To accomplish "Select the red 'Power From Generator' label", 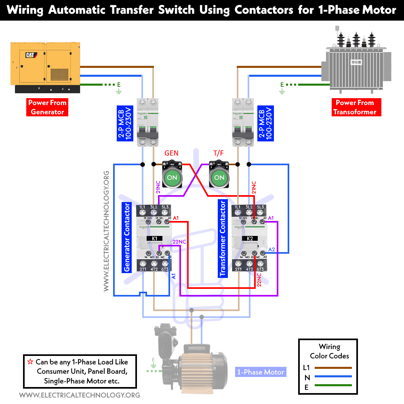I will (47, 107).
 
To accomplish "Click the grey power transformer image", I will (356, 61).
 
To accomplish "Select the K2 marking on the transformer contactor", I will (249, 238).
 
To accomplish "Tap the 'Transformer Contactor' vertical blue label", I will (222, 238).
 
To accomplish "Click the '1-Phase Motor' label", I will (261, 372).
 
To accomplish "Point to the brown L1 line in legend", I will (333, 368).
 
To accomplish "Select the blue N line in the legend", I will (333, 378).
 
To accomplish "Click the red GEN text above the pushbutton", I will (171, 153).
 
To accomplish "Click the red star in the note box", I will (29, 362).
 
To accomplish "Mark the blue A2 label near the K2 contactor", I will (271, 249).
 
